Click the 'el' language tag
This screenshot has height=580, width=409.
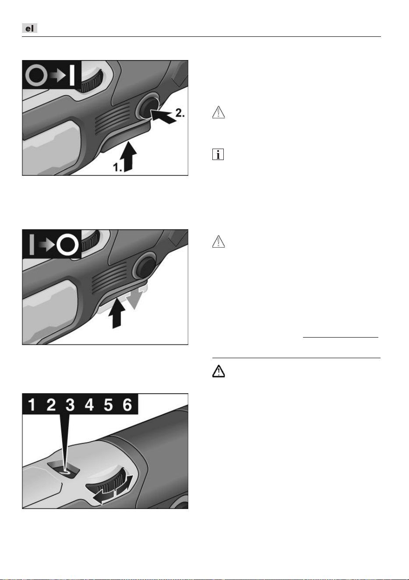[29, 28]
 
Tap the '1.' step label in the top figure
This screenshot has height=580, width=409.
[117, 167]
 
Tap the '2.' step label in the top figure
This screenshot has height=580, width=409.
[180, 113]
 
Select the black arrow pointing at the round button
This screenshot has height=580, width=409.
[162, 116]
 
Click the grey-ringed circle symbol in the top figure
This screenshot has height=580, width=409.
[36, 75]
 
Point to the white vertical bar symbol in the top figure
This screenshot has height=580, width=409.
[72, 75]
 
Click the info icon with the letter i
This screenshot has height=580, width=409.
[218, 154]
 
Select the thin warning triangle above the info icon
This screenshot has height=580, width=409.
[219, 112]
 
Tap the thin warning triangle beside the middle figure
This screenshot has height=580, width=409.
[219, 242]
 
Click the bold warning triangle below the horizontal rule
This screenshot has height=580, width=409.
[219, 371]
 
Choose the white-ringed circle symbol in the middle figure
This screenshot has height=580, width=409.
[67, 245]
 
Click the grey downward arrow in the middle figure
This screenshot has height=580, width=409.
[136, 298]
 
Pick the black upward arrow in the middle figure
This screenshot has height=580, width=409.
[116, 313]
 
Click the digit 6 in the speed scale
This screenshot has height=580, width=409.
[127, 405]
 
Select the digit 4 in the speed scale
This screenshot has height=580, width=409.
[89, 405]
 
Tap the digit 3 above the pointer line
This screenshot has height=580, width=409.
[70, 405]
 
